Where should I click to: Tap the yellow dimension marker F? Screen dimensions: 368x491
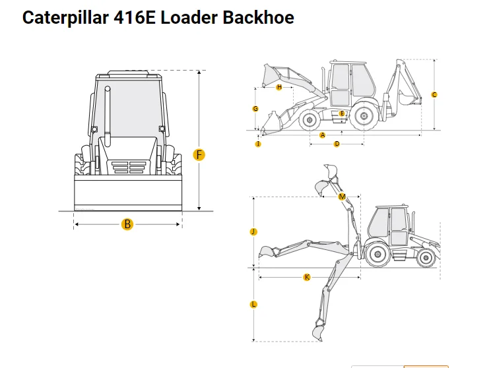199,155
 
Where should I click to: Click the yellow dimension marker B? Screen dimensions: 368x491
127,225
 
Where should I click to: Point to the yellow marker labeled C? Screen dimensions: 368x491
434,95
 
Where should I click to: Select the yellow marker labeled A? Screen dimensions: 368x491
322,135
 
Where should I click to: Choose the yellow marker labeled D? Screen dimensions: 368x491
337,144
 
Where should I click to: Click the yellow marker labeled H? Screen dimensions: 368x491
279,87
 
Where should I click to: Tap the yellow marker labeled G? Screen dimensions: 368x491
255,109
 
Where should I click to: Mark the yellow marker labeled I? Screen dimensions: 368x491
258,144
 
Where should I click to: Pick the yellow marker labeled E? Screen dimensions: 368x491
341,113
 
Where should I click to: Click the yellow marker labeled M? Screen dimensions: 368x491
342,197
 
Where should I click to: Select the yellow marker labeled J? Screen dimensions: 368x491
253,231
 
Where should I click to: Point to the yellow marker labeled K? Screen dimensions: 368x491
307,278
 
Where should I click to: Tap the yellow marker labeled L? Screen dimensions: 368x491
253,304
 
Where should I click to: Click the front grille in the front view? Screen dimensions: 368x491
127,168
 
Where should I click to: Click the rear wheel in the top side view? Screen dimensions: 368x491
362,117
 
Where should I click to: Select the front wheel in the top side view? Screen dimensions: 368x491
309,120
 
